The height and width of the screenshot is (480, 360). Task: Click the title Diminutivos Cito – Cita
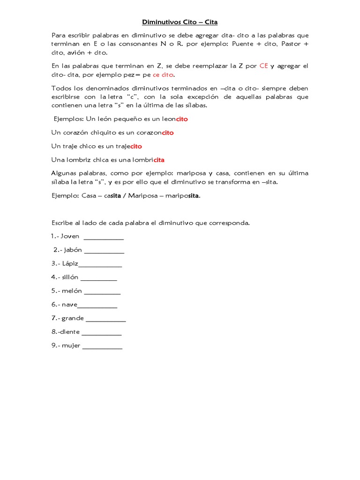tap(180, 22)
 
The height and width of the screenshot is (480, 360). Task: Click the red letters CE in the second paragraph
tap(263, 66)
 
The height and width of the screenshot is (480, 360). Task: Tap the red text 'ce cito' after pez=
tap(163, 75)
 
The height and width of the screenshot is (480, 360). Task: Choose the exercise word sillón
tap(70, 277)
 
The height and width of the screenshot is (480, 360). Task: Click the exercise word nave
tap(69, 305)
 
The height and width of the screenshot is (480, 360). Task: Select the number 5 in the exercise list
tap(54, 291)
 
